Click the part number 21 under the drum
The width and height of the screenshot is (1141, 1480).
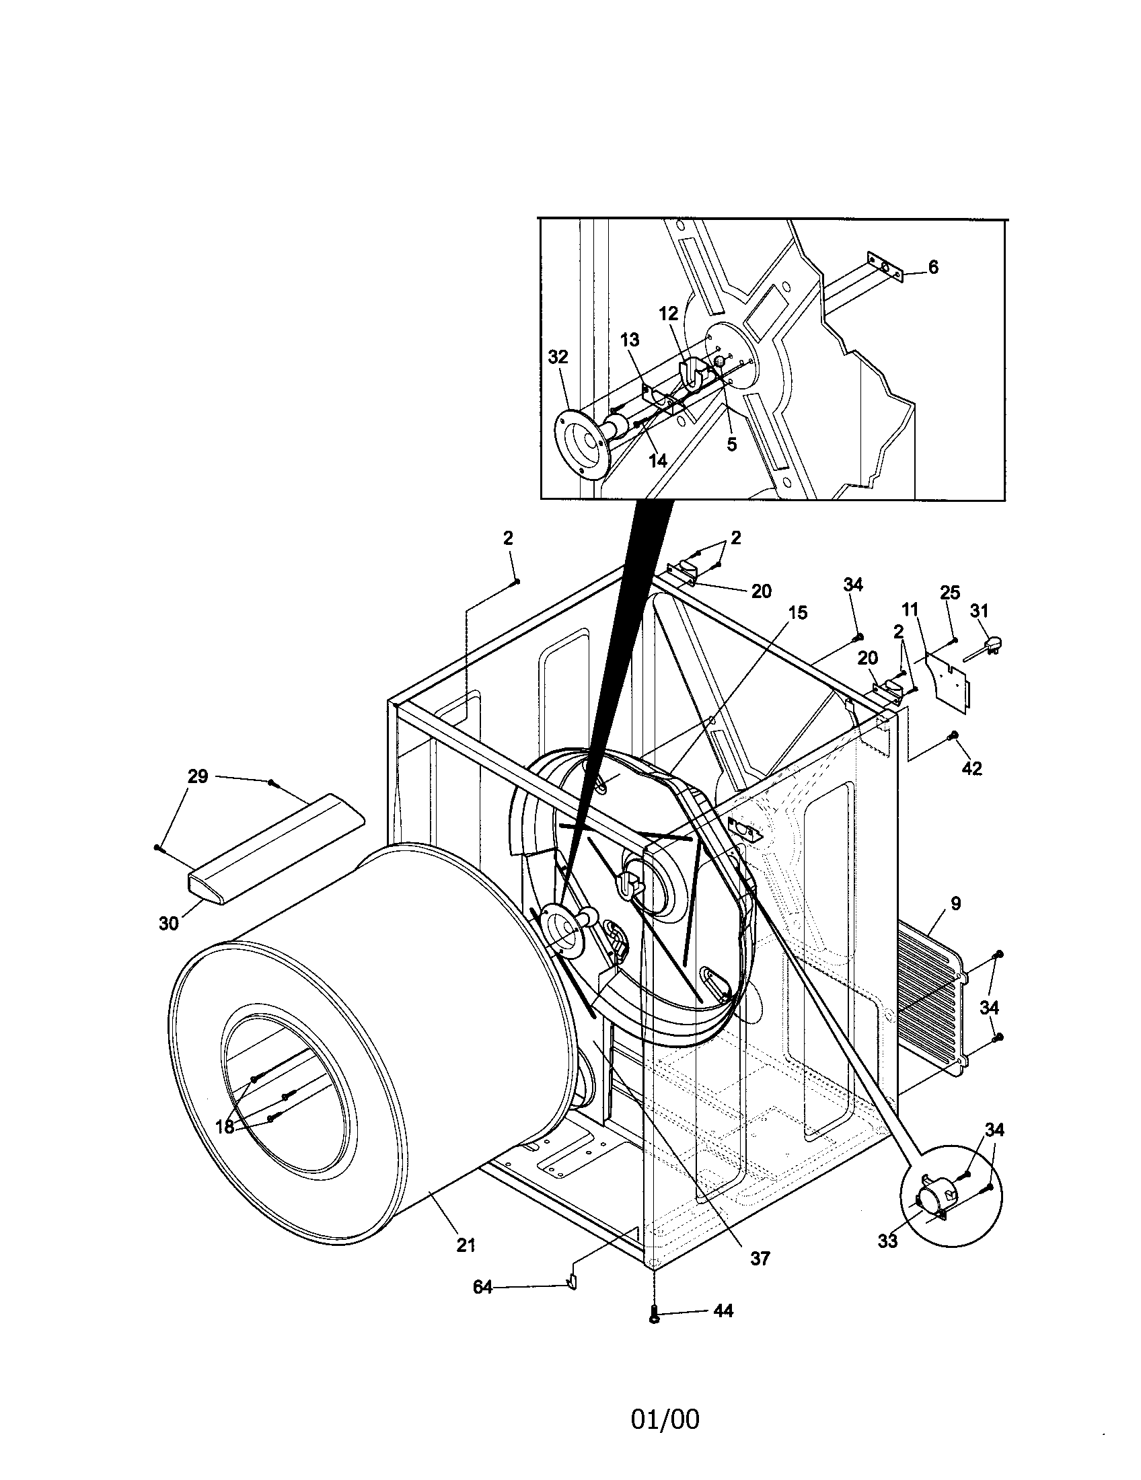[465, 1245]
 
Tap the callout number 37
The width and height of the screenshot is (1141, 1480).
[760, 1259]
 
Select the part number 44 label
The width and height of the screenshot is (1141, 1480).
[723, 1310]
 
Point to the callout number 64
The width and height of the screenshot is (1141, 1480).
[482, 1287]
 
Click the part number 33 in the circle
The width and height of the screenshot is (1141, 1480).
[887, 1241]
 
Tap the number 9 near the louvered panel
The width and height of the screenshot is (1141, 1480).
[955, 903]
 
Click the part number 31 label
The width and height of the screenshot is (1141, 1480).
[979, 611]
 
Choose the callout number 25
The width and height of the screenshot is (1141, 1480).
[950, 593]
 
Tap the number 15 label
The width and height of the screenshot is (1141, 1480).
[798, 613]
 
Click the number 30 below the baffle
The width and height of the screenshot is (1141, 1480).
[168, 922]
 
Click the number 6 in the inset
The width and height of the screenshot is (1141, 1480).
[933, 267]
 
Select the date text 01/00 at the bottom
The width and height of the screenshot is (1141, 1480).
[665, 1419]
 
